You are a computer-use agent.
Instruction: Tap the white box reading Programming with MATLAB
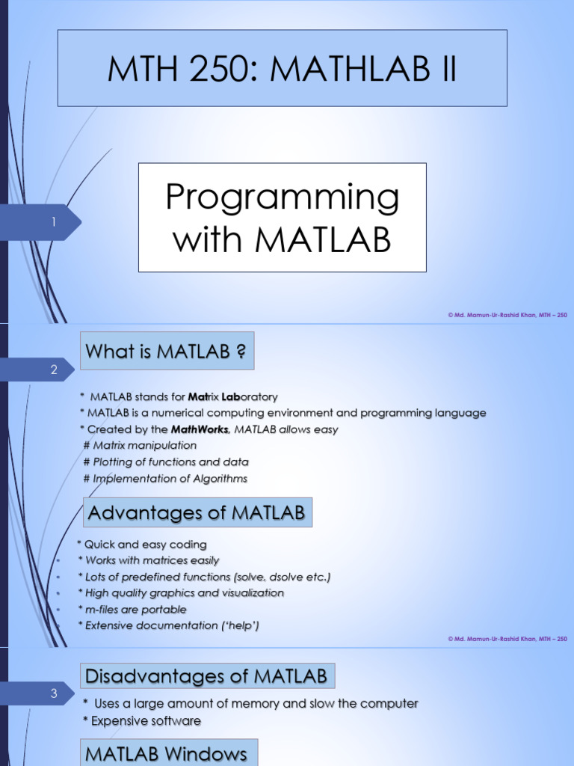click(282, 218)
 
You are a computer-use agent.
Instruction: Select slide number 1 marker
click(54, 222)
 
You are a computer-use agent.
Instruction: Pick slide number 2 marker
click(54, 370)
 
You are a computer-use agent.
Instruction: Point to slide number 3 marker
click(54, 693)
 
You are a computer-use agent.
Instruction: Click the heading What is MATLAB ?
click(167, 351)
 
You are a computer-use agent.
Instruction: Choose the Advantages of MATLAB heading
click(196, 513)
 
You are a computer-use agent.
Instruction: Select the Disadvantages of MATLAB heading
click(207, 677)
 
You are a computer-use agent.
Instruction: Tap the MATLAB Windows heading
click(167, 754)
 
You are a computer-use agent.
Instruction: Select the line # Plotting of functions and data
click(166, 462)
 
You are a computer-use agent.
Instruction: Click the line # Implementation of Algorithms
click(165, 479)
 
